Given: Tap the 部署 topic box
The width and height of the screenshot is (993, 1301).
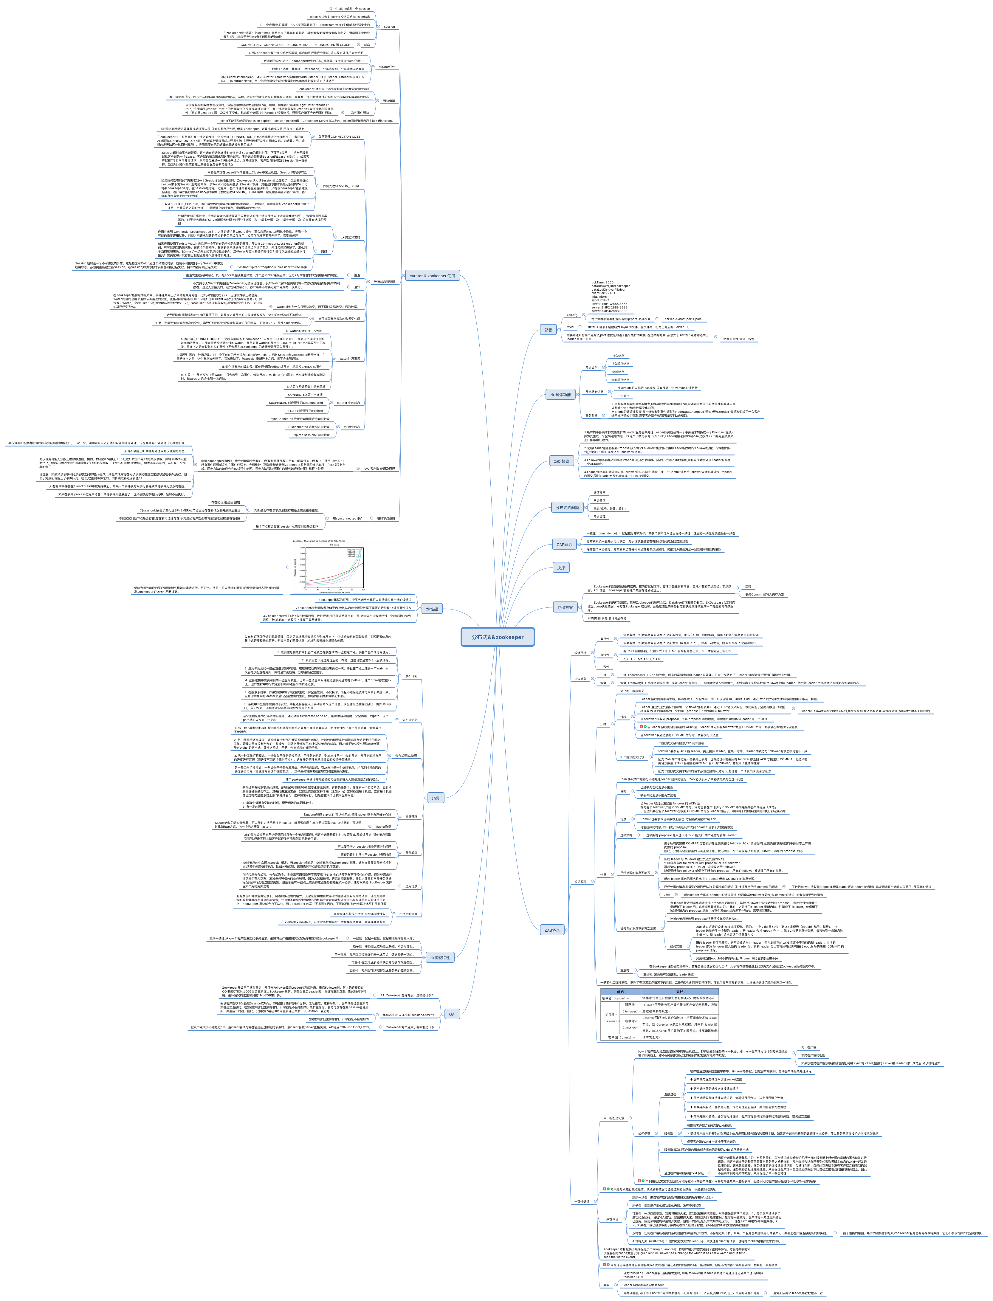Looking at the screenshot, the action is tap(548, 330).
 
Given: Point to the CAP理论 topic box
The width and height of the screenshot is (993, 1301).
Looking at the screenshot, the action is tap(564, 545).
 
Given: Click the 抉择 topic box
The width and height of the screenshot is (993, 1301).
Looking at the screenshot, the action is tap(560, 568).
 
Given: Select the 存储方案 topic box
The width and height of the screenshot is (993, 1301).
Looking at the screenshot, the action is tap(565, 607).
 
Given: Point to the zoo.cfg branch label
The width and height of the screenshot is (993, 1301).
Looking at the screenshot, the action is tap(571, 315).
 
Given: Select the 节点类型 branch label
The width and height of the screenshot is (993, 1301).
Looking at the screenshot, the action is tap(591, 367).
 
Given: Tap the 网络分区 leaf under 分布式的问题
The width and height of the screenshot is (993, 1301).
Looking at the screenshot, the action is tap(599, 500).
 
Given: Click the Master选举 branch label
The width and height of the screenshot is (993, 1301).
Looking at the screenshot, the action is tap(383, 827).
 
